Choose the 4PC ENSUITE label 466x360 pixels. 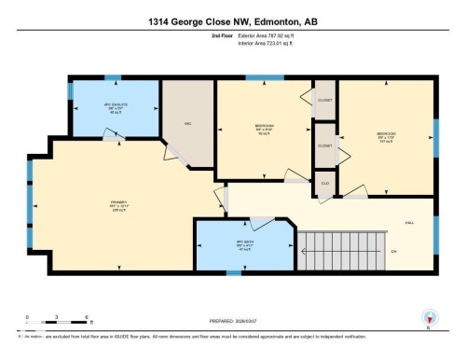point(114,106)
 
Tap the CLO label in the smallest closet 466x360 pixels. point(324,183)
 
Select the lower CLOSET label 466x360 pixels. point(324,145)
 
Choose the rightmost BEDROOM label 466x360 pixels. point(386,136)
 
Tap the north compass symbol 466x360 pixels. point(428,317)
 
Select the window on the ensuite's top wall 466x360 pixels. point(113,76)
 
